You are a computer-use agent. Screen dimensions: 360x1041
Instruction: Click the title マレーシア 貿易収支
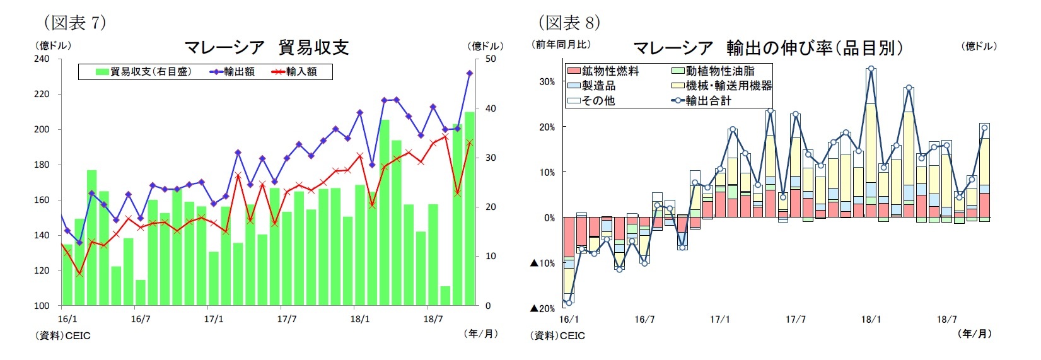266,47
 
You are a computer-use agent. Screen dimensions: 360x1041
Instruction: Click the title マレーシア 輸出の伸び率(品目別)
767,48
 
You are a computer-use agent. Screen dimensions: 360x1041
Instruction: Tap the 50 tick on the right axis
490,59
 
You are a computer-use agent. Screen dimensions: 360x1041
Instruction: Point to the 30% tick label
547,81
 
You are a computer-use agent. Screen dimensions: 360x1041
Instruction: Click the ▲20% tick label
542,308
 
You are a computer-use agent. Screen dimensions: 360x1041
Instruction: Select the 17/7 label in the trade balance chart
286,319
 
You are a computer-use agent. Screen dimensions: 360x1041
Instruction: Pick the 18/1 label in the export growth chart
871,320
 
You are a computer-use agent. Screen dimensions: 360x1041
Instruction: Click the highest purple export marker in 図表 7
469,74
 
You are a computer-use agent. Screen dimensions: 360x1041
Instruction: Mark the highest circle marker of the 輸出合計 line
871,69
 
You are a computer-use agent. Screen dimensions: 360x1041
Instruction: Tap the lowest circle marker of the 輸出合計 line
569,303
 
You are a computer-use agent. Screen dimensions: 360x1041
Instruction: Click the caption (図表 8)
569,23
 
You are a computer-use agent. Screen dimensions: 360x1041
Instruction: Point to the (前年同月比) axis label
562,45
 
